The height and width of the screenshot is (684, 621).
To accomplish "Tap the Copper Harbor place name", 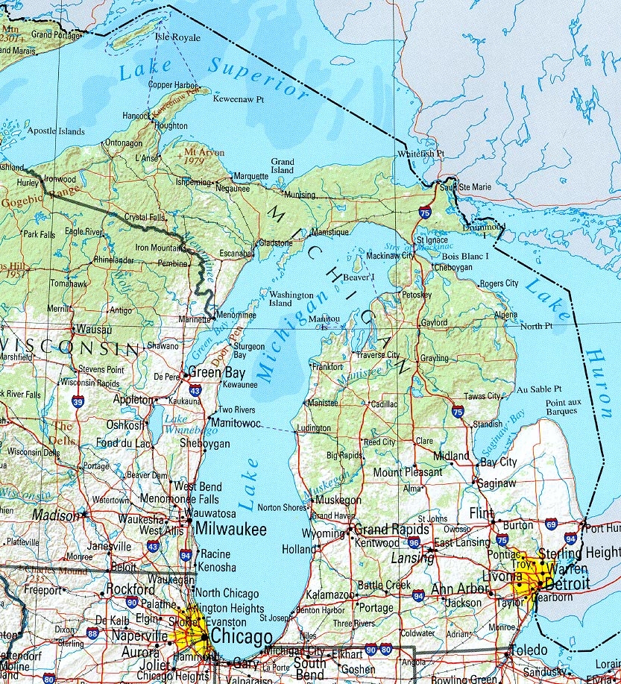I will coord(173,84).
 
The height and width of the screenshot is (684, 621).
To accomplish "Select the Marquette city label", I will coord(250,177).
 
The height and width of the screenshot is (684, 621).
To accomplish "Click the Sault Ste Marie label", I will coord(466,186).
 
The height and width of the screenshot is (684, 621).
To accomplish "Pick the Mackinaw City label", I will coord(387,255).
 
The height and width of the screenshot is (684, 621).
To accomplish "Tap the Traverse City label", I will coord(377,355).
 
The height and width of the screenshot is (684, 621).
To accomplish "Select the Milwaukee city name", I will coord(230,529).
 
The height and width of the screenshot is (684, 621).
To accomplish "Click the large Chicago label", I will coord(242,637).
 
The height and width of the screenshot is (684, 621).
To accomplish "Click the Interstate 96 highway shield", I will coord(413,542).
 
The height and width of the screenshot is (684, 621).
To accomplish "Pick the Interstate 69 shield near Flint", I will coord(551,524).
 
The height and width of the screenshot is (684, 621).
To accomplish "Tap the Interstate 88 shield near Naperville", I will coord(92,633).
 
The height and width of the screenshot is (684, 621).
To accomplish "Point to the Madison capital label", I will coord(54,515).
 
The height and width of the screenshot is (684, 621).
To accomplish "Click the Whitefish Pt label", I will coord(420,154).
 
